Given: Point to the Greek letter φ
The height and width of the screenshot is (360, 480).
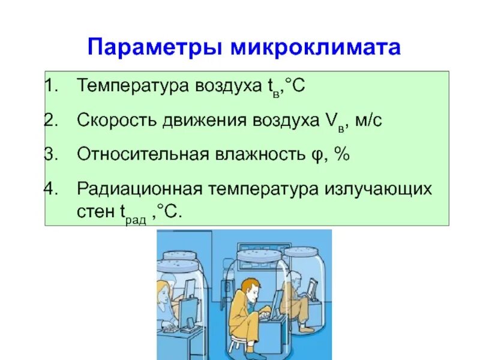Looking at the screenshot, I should tap(315, 155).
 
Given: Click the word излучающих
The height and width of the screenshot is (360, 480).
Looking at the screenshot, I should tap(379, 189).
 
